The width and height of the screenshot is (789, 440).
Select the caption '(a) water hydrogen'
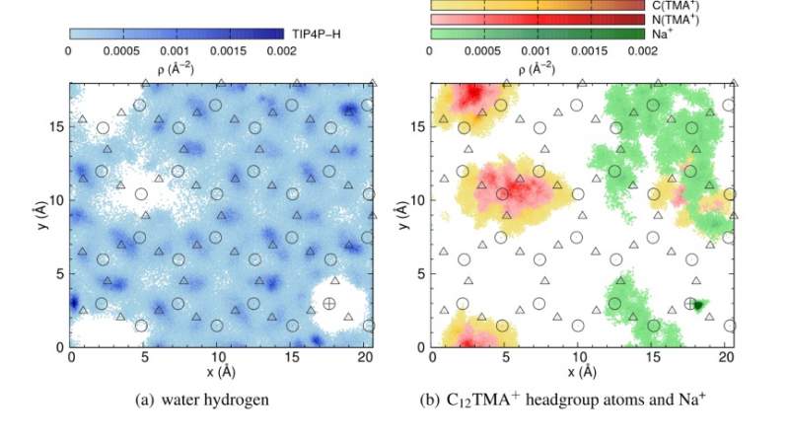(218, 399)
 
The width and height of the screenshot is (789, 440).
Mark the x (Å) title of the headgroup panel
(581, 372)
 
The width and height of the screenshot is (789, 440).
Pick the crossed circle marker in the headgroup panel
(690, 304)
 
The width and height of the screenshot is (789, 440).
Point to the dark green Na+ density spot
(699, 306)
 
